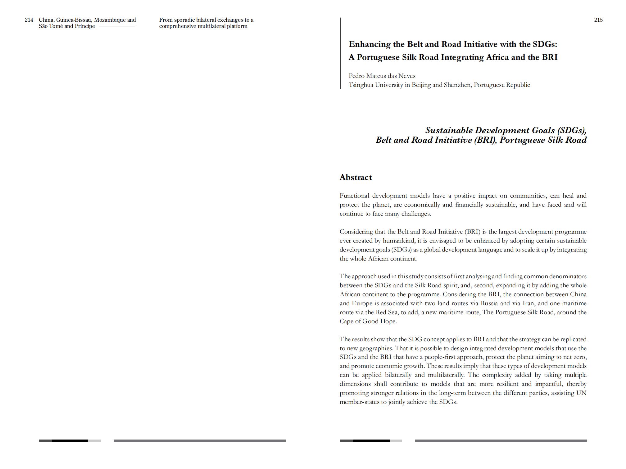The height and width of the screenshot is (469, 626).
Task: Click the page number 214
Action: point(29,20)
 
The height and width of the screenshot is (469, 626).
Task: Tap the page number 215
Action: point(598,20)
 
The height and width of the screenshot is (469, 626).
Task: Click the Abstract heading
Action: point(356,177)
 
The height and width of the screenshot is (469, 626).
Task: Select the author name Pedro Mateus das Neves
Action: point(382,76)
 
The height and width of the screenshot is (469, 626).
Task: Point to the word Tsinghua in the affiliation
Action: point(361,85)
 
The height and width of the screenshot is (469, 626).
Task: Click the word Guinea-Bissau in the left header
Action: point(74,20)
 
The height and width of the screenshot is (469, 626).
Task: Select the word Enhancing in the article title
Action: point(370,44)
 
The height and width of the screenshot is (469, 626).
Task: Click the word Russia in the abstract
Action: point(489,303)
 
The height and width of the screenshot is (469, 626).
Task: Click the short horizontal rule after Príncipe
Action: point(117,26)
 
